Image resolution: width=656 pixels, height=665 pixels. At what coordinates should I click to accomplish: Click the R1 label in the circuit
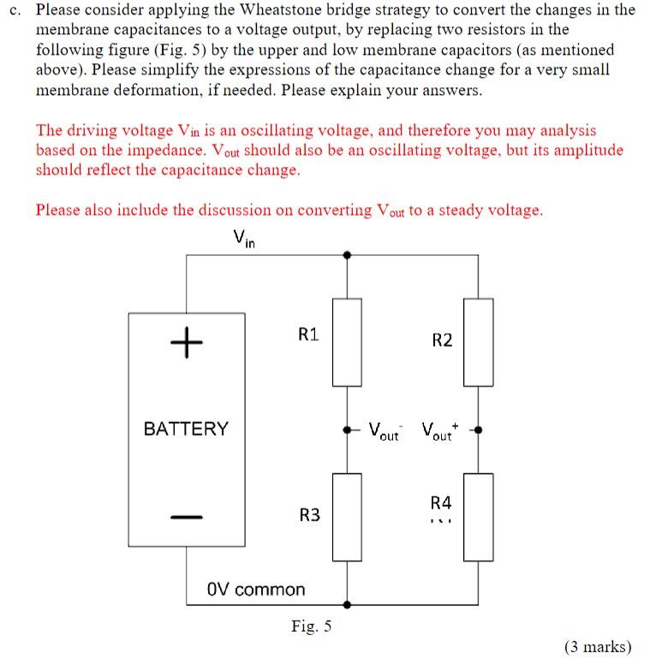point(308,335)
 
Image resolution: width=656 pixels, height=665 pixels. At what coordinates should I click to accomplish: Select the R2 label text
point(442,341)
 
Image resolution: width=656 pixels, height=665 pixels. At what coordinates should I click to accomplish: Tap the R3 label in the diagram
point(309,514)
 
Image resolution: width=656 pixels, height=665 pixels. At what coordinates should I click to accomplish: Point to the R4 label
point(440,502)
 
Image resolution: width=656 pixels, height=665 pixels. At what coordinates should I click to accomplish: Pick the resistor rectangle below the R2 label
point(479,342)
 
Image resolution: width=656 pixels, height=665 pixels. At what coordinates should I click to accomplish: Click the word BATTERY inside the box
point(186,429)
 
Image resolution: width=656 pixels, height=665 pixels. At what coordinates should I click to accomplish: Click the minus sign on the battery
point(186,516)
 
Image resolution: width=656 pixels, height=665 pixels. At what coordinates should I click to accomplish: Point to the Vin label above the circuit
point(244,240)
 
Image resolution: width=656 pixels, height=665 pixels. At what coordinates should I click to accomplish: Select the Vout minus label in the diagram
point(385,430)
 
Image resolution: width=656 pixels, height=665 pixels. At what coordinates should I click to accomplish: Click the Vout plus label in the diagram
point(441,430)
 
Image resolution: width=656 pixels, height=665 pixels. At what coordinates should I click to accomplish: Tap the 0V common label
point(256,590)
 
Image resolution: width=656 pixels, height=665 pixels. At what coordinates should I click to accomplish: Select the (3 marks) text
point(598,646)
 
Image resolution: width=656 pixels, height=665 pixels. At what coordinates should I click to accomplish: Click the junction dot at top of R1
point(346,254)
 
